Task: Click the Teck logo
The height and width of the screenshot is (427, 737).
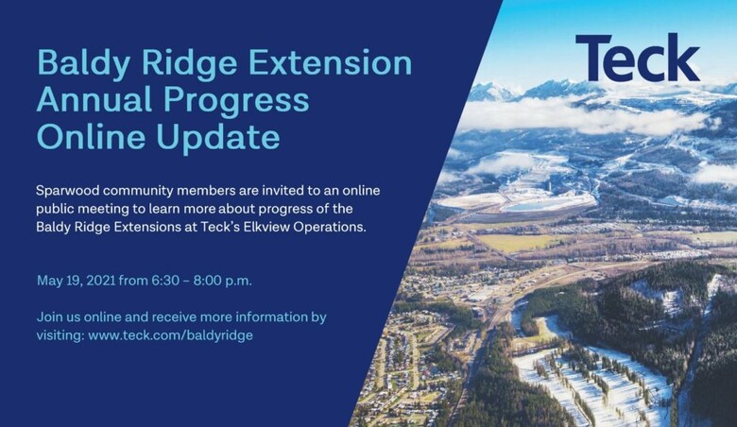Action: click(x=638, y=58)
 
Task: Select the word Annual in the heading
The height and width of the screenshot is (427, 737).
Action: click(x=94, y=99)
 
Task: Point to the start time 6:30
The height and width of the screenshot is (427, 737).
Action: click(x=165, y=281)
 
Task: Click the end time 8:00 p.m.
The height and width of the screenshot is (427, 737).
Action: click(x=222, y=281)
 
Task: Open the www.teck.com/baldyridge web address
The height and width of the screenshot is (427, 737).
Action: click(x=171, y=336)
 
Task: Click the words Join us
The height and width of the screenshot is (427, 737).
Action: click(x=59, y=317)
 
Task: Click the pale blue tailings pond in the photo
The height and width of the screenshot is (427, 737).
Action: click(x=531, y=206)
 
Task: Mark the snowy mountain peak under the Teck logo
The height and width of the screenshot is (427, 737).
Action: click(x=488, y=90)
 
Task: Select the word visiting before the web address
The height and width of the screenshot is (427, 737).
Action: click(x=60, y=336)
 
